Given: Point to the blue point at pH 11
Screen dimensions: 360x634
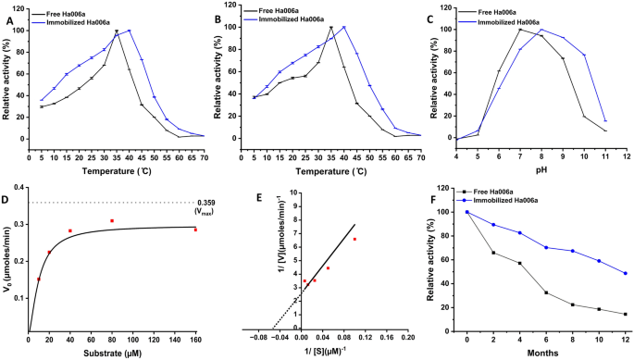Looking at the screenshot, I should pos(605,121).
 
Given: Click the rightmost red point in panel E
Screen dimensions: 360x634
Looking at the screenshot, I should pos(354,239).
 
